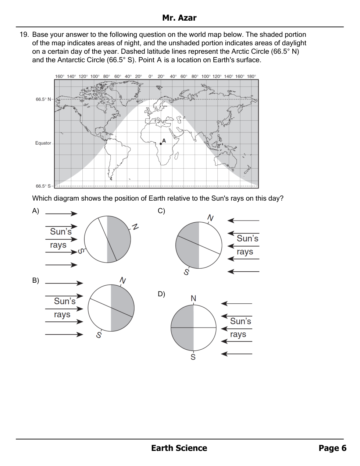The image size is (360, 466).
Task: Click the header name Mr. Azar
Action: tap(179, 18)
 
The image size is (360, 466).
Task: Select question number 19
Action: tap(24, 35)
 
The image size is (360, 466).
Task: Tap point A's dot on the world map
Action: tap(161, 144)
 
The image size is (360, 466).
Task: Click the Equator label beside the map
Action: tap(43, 143)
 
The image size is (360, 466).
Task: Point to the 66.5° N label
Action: tap(43, 99)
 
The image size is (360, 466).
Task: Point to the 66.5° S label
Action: tap(43, 186)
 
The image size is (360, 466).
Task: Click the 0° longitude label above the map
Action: tap(151, 77)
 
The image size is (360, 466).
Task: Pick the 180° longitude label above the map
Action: tap(252, 77)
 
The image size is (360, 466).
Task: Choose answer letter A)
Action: tap(36, 211)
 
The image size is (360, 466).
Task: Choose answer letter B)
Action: tap(36, 280)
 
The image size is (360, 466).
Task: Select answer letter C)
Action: tap(161, 211)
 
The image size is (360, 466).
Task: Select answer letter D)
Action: tap(161, 294)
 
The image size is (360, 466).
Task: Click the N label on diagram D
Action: tap(193, 298)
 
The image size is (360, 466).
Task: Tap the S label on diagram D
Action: tap(193, 357)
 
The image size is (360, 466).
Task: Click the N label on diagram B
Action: tap(123, 281)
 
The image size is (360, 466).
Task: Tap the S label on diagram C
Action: tap(186, 272)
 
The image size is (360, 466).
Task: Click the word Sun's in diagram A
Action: tap(61, 232)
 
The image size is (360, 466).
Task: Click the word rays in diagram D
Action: tap(238, 335)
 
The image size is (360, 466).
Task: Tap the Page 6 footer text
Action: tap(332, 448)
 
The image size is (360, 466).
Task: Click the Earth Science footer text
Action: tap(179, 448)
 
